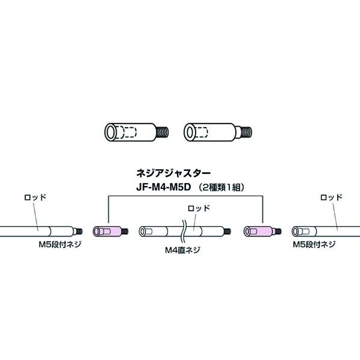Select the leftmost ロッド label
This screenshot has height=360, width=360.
(34, 197)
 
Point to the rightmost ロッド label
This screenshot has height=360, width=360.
(332, 197)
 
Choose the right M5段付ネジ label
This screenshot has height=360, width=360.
(314, 246)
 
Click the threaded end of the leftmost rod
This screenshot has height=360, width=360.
(78, 231)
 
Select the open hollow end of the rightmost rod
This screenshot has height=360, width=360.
(295, 231)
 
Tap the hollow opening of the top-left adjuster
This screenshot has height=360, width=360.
(111, 131)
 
